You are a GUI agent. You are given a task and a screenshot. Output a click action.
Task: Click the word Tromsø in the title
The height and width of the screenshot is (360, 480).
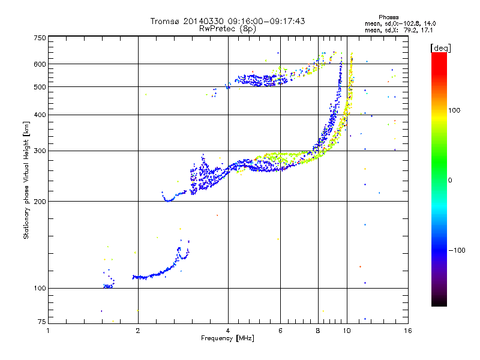(x=165, y=21)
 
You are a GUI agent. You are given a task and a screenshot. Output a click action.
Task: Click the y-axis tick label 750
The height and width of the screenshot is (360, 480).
(x=40, y=38)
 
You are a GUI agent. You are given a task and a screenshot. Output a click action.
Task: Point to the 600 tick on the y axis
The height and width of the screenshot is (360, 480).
(x=40, y=64)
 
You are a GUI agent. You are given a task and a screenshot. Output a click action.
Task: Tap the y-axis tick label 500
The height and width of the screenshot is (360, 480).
(x=40, y=86)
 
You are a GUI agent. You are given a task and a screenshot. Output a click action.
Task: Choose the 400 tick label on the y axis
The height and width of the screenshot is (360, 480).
(x=40, y=115)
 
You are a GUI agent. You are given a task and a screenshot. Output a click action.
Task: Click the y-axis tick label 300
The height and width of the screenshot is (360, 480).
(x=40, y=151)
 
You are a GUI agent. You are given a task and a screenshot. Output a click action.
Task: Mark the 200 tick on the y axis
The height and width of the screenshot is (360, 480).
(x=40, y=201)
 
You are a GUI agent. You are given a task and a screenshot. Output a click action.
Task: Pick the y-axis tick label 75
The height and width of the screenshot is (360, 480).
(x=41, y=323)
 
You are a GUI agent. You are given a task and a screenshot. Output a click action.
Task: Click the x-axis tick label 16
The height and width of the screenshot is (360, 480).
(x=408, y=331)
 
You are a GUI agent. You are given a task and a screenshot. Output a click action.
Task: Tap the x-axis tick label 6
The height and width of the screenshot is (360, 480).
(x=280, y=331)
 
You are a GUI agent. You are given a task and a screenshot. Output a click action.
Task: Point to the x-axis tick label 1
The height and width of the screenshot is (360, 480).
(x=49, y=331)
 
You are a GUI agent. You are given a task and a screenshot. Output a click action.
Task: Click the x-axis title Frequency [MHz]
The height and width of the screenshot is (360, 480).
(x=227, y=338)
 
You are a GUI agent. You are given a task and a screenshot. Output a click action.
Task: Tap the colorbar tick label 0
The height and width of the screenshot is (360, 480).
(x=451, y=180)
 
